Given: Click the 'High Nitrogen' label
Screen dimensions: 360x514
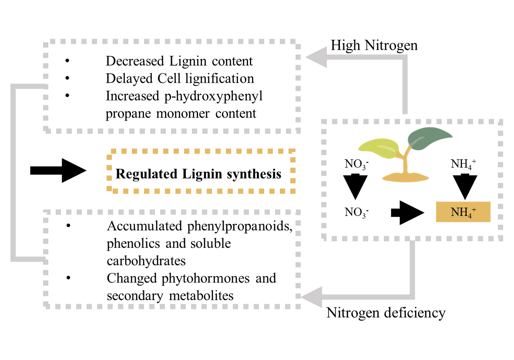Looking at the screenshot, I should [x=374, y=45].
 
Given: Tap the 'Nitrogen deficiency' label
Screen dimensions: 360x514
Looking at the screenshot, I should [x=386, y=313].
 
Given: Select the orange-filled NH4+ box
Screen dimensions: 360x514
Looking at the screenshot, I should [x=463, y=212].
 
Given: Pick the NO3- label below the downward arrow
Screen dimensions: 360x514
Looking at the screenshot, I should [x=355, y=212].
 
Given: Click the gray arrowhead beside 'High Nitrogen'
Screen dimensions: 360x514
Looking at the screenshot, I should [x=316, y=58].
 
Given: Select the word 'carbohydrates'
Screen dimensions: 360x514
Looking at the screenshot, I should [x=147, y=260].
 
